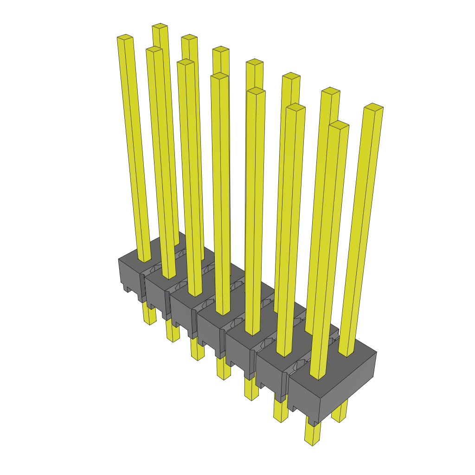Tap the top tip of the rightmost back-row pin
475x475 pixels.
(374, 107)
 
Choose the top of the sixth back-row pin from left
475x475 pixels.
(331, 90)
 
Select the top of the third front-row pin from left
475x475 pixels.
(186, 62)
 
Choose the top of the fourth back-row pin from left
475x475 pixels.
(255, 62)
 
